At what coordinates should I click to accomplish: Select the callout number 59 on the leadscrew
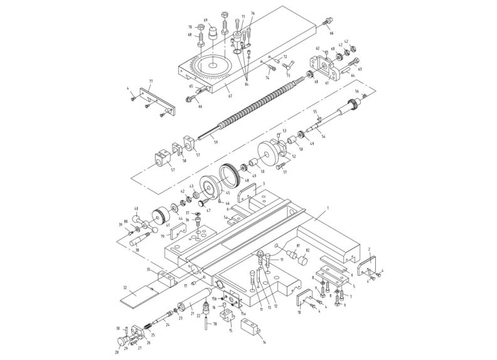tap(215, 142)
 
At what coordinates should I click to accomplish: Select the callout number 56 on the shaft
tap(357, 91)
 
